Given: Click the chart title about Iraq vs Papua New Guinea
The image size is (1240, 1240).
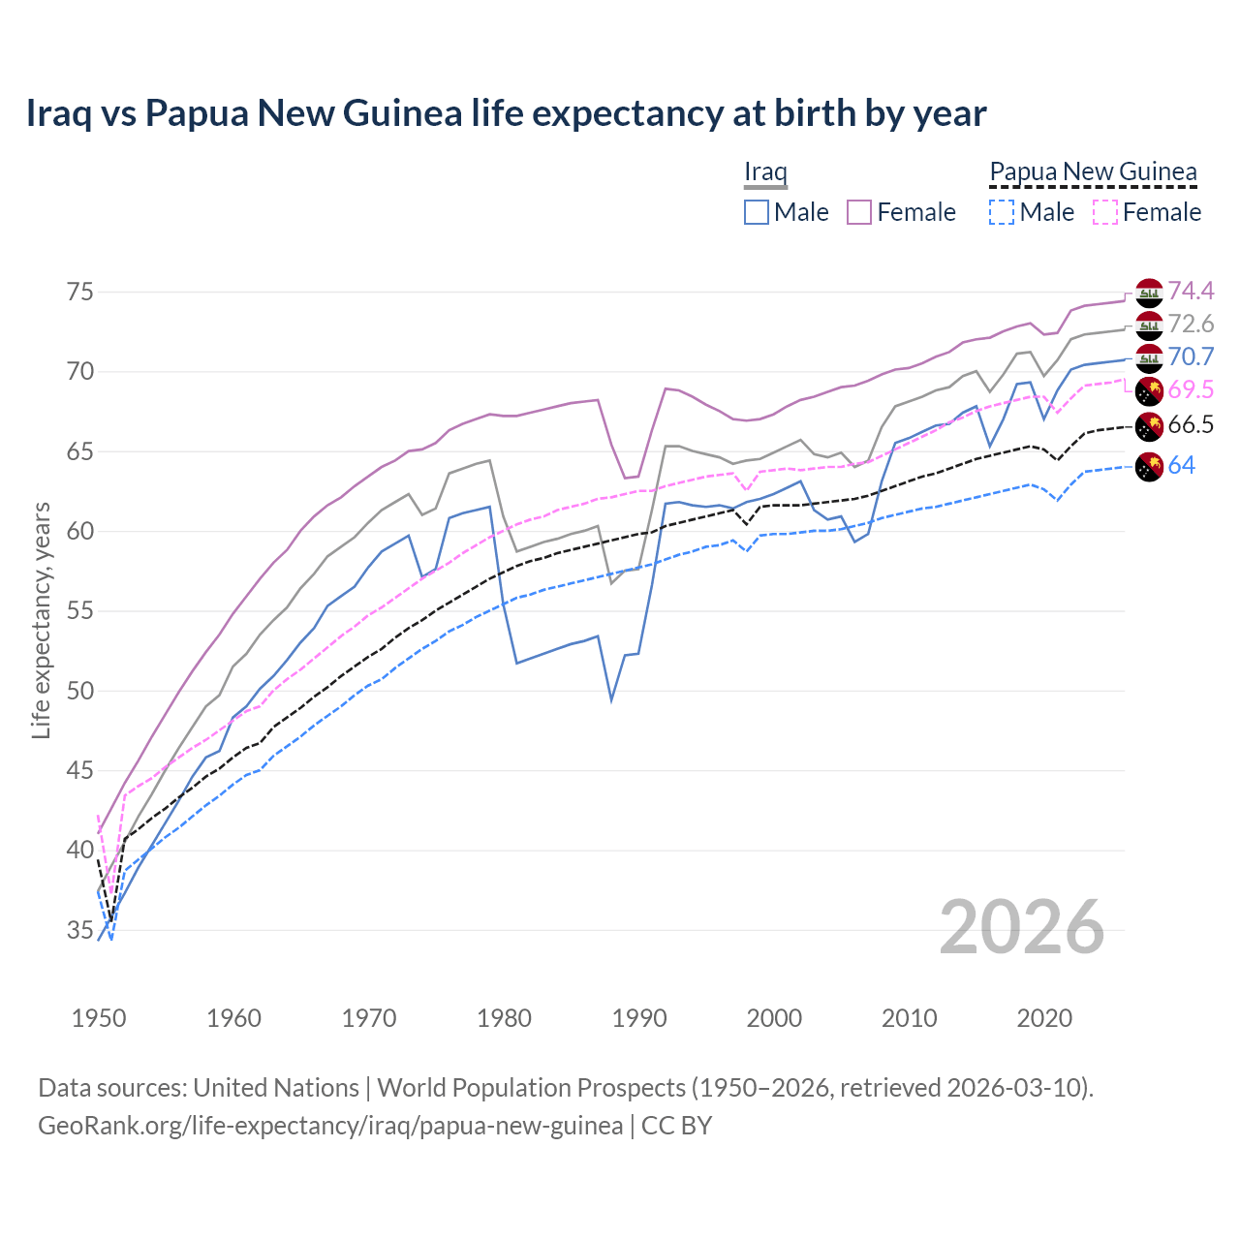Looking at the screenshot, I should click(x=506, y=113).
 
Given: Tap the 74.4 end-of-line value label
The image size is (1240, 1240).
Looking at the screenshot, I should click(x=1191, y=291).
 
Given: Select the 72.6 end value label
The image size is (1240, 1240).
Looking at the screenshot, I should click(x=1191, y=324).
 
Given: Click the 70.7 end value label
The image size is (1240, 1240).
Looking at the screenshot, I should click(x=1191, y=356).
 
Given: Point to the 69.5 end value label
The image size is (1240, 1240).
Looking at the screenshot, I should click(x=1191, y=389).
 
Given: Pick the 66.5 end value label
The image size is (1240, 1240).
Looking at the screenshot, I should click(x=1191, y=424).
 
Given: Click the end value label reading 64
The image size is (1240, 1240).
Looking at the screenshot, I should click(x=1181, y=465).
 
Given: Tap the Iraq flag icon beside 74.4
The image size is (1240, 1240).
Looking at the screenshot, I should click(x=1149, y=292).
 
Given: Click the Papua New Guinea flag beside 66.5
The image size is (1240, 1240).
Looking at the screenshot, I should click(x=1149, y=425).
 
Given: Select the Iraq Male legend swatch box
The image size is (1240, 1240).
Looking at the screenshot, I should click(x=757, y=212).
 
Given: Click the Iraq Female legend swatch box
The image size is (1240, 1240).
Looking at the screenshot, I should click(x=859, y=212).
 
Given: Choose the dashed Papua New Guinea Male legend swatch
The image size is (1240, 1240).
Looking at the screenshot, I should click(x=1002, y=212).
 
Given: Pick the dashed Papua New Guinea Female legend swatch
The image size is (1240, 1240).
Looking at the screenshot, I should click(x=1104, y=212).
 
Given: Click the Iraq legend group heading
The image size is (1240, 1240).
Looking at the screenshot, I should click(x=765, y=172).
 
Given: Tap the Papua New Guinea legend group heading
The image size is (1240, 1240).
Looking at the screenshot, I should click(x=1093, y=172).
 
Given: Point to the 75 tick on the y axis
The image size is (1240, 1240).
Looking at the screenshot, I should click(x=80, y=292).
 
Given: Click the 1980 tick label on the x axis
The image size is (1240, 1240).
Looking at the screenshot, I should click(x=504, y=1018).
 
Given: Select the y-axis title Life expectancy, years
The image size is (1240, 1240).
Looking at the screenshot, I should click(x=41, y=620).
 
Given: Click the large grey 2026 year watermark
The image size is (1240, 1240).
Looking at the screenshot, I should click(x=1022, y=927).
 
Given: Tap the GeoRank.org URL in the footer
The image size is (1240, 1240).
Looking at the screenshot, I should click(x=330, y=1126).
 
